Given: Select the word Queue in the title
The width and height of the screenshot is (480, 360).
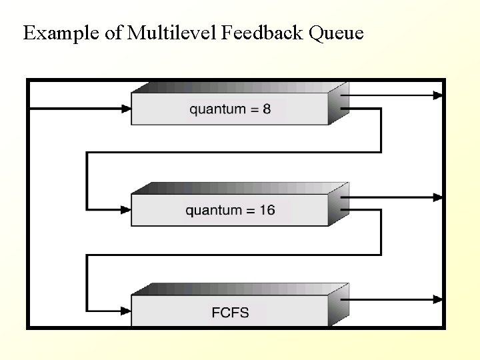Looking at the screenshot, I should [337, 33].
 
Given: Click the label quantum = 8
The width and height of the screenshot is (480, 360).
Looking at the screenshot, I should [230, 109].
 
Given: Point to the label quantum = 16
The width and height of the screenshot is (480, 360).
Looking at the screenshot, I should [230, 211].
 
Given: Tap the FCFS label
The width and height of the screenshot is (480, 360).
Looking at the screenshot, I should [230, 312].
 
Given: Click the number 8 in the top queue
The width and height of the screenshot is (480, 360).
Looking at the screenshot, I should [267, 109].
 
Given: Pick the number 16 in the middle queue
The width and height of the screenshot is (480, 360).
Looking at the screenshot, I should [266, 211].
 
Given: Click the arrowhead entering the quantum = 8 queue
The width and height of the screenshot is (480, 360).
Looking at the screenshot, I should [126, 109].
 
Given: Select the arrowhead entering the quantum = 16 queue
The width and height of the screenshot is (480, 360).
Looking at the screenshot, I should [126, 210].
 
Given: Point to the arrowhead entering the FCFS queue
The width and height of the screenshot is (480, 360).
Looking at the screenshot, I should [126, 311].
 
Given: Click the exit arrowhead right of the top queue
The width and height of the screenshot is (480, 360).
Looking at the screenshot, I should [438, 95].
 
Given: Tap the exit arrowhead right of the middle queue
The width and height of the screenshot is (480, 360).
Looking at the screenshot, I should [438, 197].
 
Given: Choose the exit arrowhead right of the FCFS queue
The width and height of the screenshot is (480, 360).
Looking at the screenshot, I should [438, 299].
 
